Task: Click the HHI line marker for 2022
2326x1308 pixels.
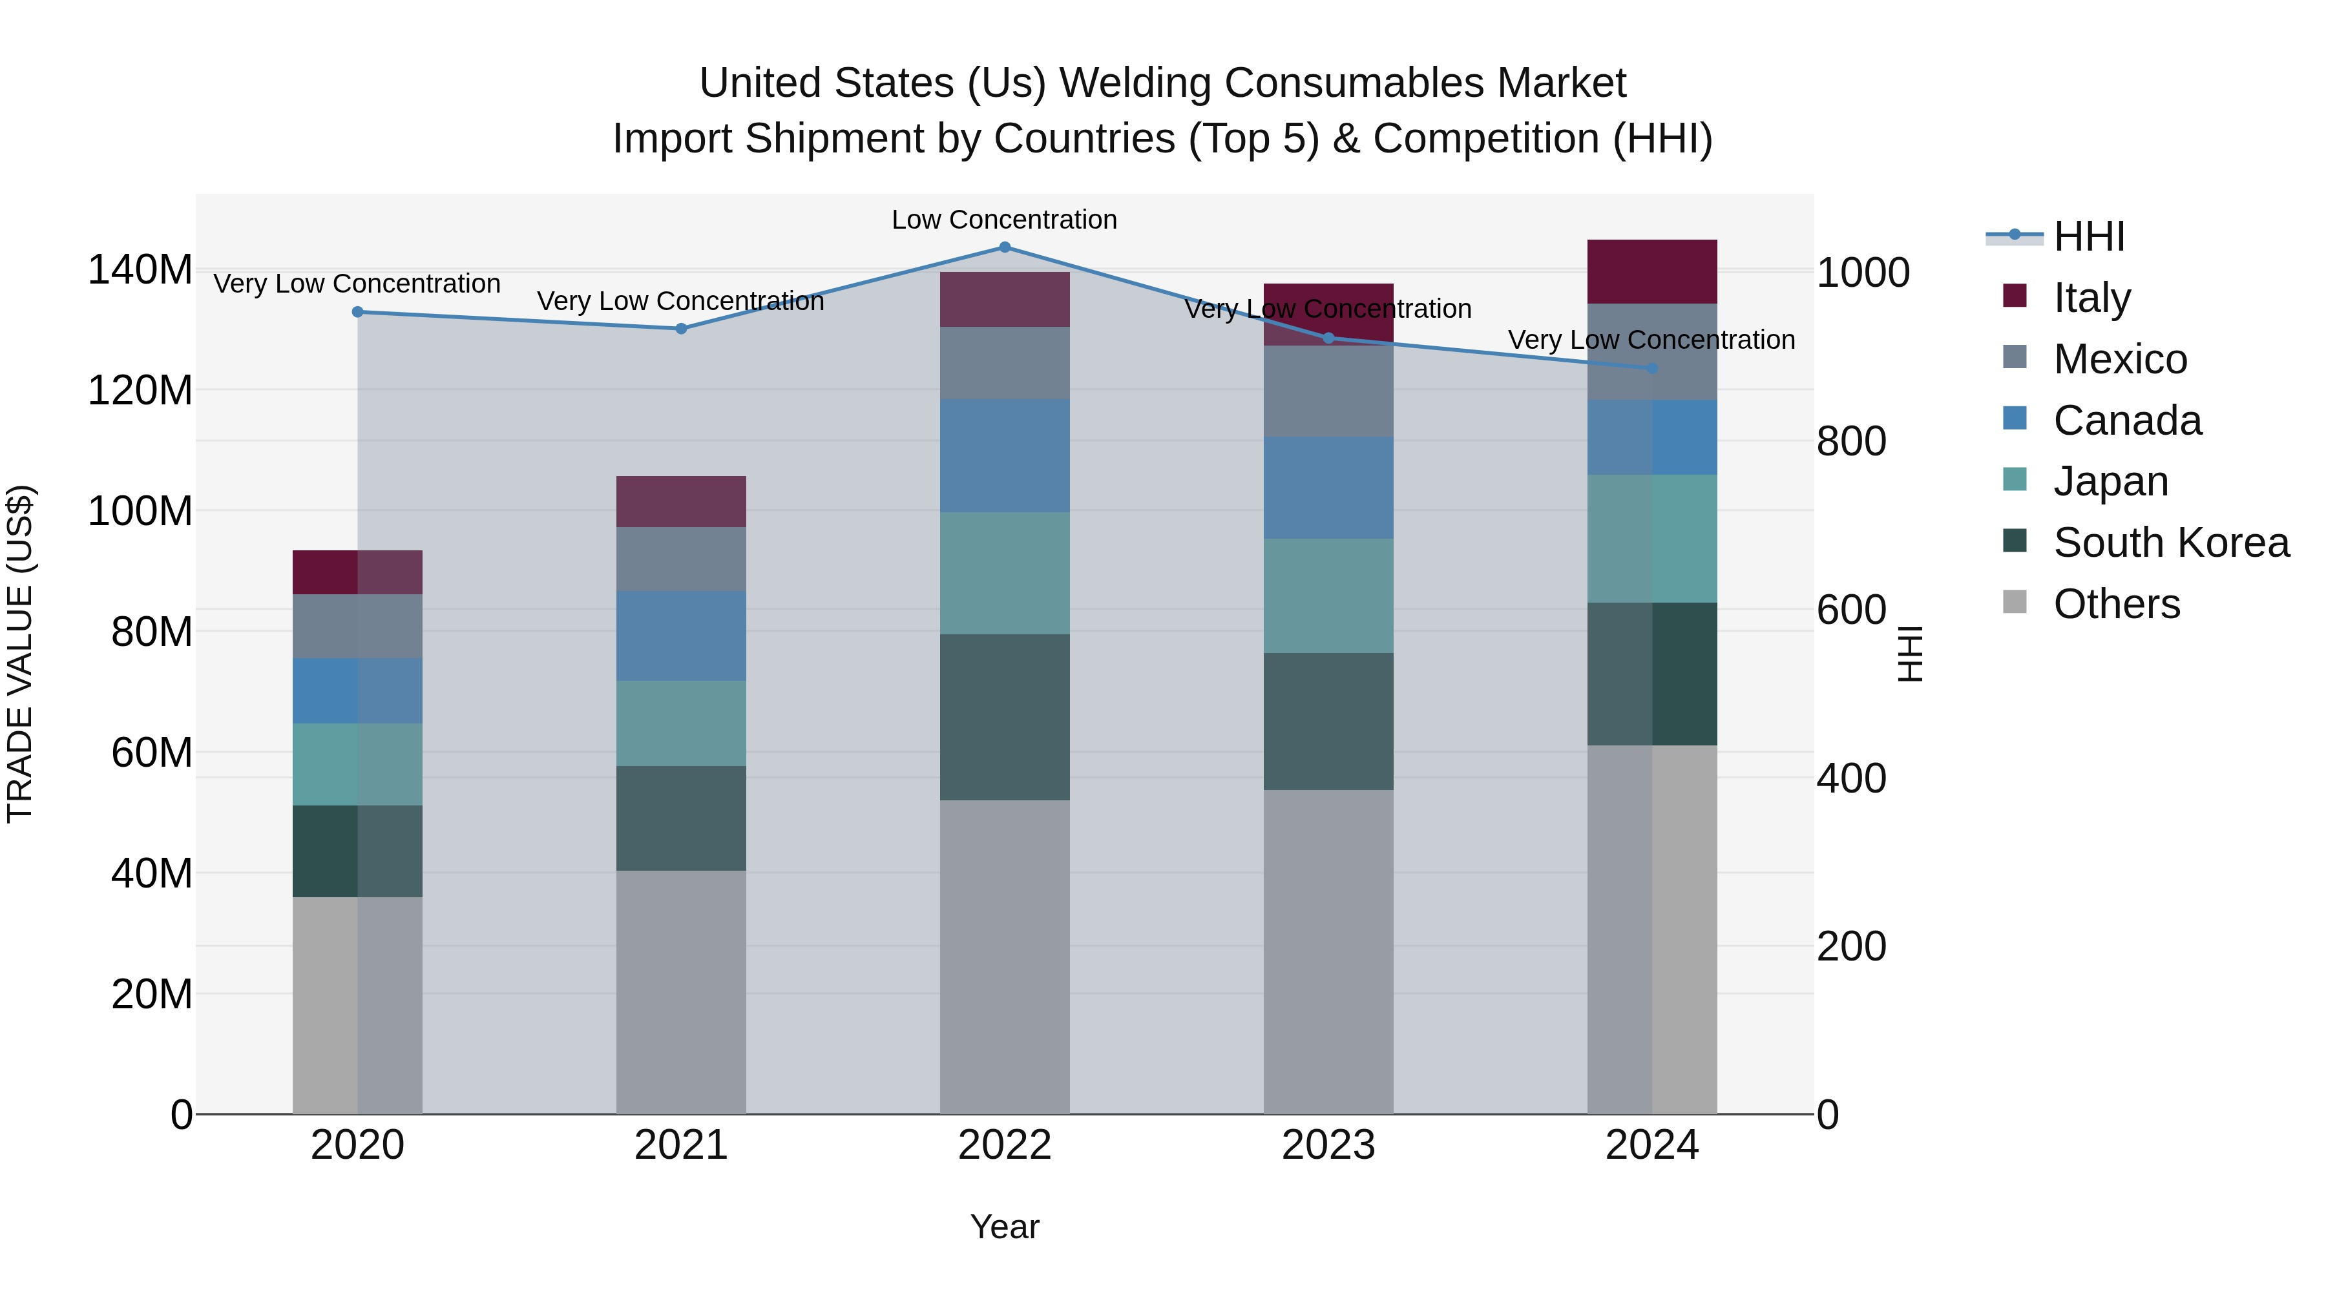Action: (1004, 247)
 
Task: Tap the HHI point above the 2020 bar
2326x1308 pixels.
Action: (357, 311)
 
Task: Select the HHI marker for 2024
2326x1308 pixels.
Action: (1652, 368)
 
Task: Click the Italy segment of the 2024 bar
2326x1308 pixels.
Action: (1652, 271)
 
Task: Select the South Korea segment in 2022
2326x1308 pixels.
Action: (1004, 717)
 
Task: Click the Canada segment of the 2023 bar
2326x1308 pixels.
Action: (1328, 488)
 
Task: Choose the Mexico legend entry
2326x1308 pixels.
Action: (2119, 359)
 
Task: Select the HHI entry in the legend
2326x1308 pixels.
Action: (2088, 236)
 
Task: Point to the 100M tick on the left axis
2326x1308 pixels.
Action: (140, 511)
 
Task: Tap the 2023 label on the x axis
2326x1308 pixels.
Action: (1328, 1145)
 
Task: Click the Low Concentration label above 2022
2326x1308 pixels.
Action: (1004, 220)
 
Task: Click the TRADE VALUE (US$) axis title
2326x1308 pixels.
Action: (20, 654)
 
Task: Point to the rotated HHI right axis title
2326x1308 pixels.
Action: (1911, 654)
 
